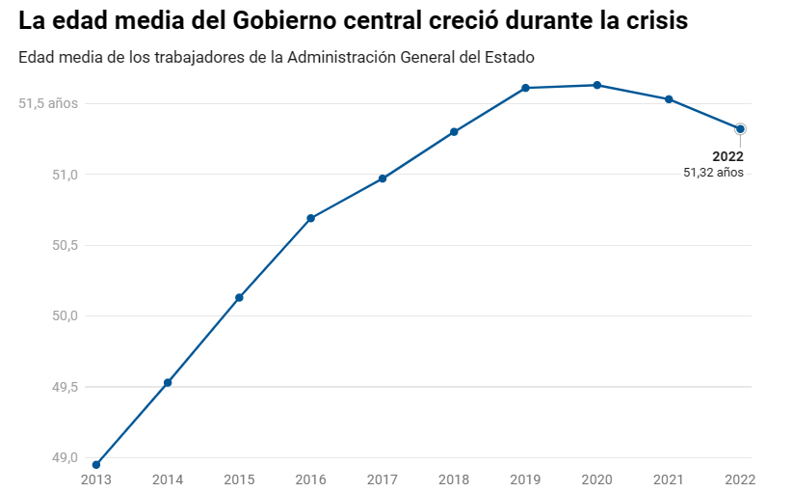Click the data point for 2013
pos(96,465)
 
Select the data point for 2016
pos(311,218)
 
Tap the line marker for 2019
pos(526,88)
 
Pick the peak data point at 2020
pos(597,85)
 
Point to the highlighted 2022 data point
pos(740,128)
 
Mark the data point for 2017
pos(383,178)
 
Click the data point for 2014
pos(168,383)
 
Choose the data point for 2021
pos(669,99)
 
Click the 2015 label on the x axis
pos(239,479)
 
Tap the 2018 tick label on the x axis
pos(454,479)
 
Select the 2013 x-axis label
pos(96,479)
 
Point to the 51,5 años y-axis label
pos(47,103)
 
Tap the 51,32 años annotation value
pos(713,173)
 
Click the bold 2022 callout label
pos(727,156)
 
